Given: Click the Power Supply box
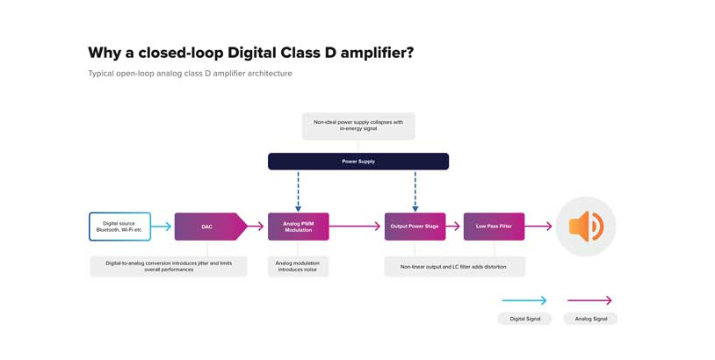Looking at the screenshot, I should (x=357, y=162).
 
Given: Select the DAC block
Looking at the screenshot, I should (x=207, y=227).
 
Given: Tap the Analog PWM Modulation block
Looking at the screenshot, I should (x=298, y=227).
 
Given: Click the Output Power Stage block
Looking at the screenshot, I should (x=415, y=227).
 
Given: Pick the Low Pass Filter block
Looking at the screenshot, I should (x=494, y=227).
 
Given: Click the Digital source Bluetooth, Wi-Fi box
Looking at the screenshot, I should (x=119, y=227).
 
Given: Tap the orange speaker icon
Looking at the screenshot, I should (x=585, y=227).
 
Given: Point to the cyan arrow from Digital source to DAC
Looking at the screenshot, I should (x=162, y=227).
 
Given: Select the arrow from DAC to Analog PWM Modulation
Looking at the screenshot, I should (x=256, y=227).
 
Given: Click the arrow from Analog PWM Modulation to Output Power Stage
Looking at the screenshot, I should (x=356, y=227).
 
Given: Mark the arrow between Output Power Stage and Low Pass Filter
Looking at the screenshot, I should (x=453, y=227).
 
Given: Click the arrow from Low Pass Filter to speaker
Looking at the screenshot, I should (x=538, y=227).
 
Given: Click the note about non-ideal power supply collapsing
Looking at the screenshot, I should (x=358, y=126).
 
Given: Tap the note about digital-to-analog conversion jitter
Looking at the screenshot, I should (x=169, y=266).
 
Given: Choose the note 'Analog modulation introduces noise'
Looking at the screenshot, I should (x=298, y=266).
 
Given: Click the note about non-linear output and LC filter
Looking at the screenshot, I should (x=454, y=266).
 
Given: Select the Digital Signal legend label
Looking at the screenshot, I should (x=525, y=319).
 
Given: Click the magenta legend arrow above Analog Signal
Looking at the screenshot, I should (x=589, y=300).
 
